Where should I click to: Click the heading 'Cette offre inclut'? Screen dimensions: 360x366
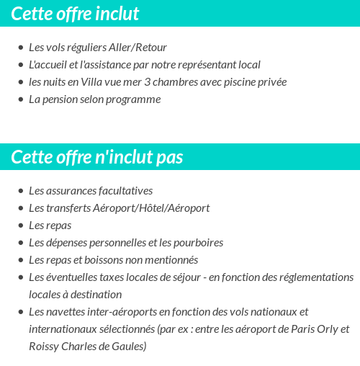pos(75,14)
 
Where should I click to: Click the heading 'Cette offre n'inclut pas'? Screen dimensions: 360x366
pos(97,157)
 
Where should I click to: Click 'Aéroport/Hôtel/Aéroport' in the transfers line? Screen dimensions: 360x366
pos(151,208)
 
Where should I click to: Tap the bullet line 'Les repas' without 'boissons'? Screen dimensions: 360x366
pos(50,226)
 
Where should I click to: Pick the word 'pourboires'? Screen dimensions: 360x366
pos(199,243)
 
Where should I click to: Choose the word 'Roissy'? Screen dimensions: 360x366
pos(45,347)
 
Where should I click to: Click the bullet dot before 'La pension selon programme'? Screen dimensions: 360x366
pos(20,99)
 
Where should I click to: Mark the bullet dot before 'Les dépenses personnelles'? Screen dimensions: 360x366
pos(20,243)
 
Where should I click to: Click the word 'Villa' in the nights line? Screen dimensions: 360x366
pos(94,82)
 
